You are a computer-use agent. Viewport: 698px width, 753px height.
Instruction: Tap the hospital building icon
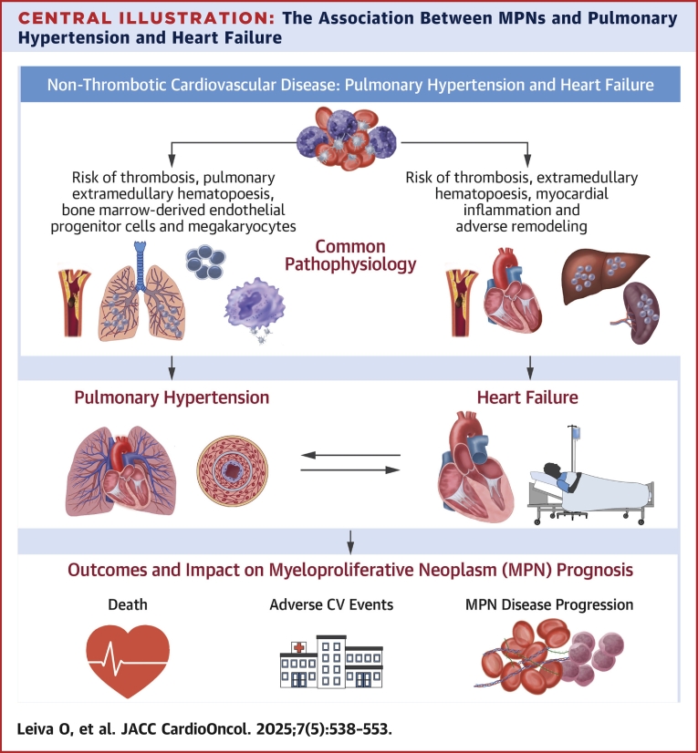pyautogui.click(x=329, y=654)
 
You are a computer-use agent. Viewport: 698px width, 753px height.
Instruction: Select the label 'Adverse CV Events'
pyautogui.click(x=330, y=605)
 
